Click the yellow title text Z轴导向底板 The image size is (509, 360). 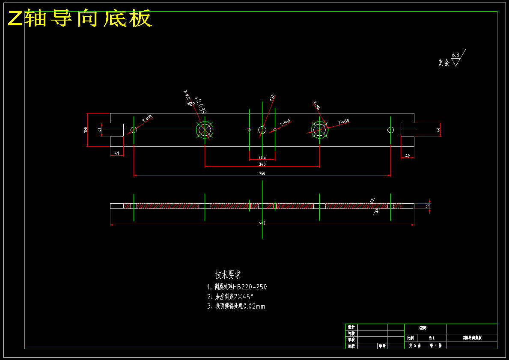coord(80,18)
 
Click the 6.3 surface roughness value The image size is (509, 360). coord(455,55)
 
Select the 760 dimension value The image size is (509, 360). coord(262,173)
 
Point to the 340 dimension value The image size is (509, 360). coord(262,164)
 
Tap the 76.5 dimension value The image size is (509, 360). coord(262,157)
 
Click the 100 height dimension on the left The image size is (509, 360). coord(86,129)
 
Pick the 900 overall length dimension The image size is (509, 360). coord(262,223)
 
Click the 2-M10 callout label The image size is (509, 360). coord(286,123)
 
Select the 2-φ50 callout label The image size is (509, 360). coord(343,122)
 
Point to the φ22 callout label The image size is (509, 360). coord(271,98)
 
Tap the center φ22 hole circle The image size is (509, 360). coord(262,129)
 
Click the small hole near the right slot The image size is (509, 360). coord(390,129)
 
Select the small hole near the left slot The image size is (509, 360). coord(134,129)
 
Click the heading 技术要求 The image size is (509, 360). coord(228,275)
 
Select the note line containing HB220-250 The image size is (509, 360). coord(237,287)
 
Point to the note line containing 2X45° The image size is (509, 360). coord(230,297)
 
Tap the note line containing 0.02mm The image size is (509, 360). coord(235,306)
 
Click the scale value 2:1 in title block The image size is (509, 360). coord(431,338)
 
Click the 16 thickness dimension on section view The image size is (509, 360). coord(427,206)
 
